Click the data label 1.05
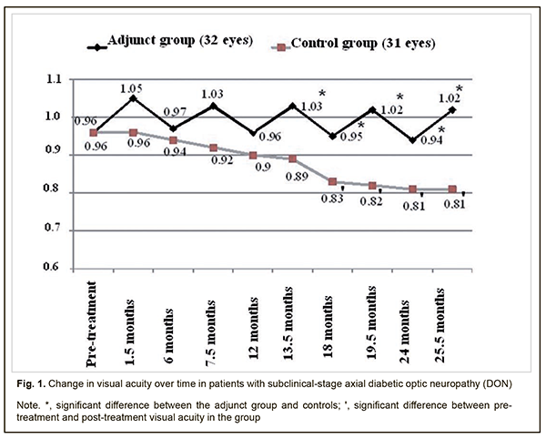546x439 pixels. point(133,87)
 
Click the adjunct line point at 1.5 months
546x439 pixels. point(132,97)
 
